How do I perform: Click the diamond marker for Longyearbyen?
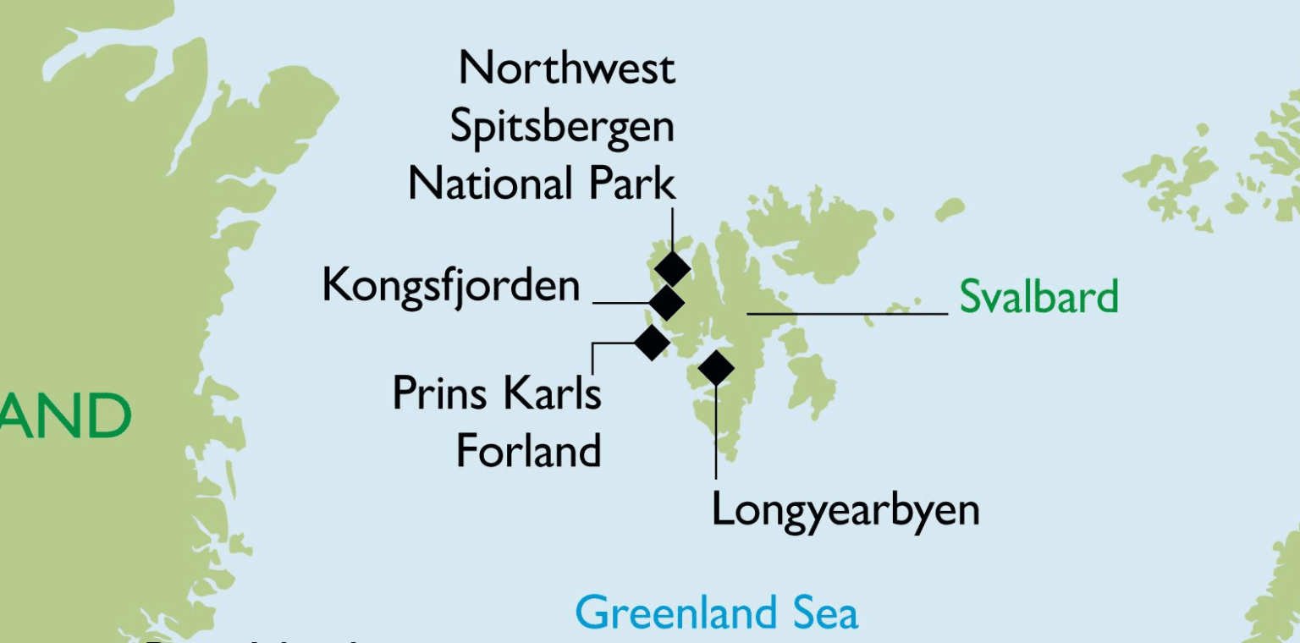point(716,367)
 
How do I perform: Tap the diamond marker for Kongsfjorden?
point(666,302)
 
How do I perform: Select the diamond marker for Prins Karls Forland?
point(652,342)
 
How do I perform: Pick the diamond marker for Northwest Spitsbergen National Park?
point(673,268)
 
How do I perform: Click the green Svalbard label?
point(1038,297)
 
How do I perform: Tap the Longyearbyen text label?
point(845,510)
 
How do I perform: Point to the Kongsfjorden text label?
point(450,286)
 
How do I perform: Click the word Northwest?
point(566,68)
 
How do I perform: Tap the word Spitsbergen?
point(562,127)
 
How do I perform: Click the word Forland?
point(528,450)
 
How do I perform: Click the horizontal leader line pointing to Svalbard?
point(846,314)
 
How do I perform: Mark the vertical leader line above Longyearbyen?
point(716,431)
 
